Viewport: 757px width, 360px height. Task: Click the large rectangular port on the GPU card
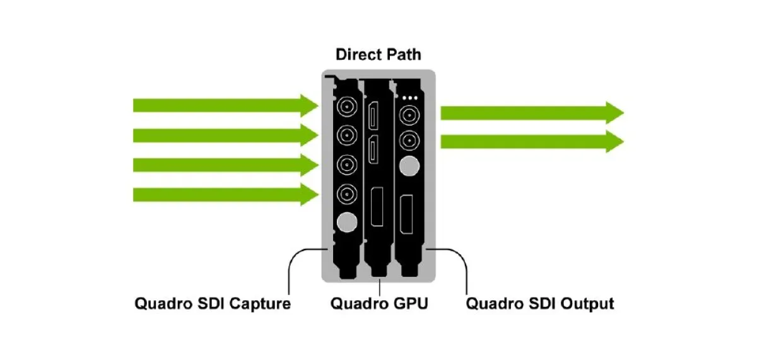[x=378, y=206]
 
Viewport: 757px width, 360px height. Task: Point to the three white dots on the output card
[x=410, y=98]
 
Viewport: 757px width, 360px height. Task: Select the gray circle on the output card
[x=410, y=166]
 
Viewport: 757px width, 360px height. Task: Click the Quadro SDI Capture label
[x=213, y=304]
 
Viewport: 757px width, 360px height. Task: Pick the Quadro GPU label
[x=379, y=304]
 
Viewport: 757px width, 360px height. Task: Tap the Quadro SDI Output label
[x=539, y=304]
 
